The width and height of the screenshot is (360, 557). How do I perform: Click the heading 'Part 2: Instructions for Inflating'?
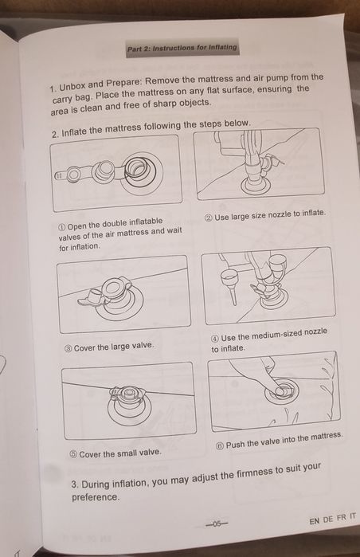click(x=182, y=48)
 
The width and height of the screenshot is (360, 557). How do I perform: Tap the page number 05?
click(x=217, y=524)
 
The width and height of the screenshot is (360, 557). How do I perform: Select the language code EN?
click(x=314, y=521)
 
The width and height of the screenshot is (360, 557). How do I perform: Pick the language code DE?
click(x=328, y=520)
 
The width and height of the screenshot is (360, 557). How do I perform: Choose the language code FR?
click(x=341, y=518)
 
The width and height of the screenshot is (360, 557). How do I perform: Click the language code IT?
click(x=352, y=516)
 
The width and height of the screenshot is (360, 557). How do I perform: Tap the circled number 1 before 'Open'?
click(x=62, y=226)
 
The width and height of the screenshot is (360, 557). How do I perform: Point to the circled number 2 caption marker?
click(x=209, y=217)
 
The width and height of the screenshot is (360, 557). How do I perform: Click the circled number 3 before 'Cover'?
click(x=68, y=348)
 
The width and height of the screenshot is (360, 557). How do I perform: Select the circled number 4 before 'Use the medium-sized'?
click(x=215, y=338)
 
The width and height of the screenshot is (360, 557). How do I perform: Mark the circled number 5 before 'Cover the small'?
click(x=73, y=455)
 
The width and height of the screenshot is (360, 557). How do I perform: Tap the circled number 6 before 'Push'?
click(x=220, y=445)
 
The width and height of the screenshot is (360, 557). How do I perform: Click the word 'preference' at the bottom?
click(x=95, y=497)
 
